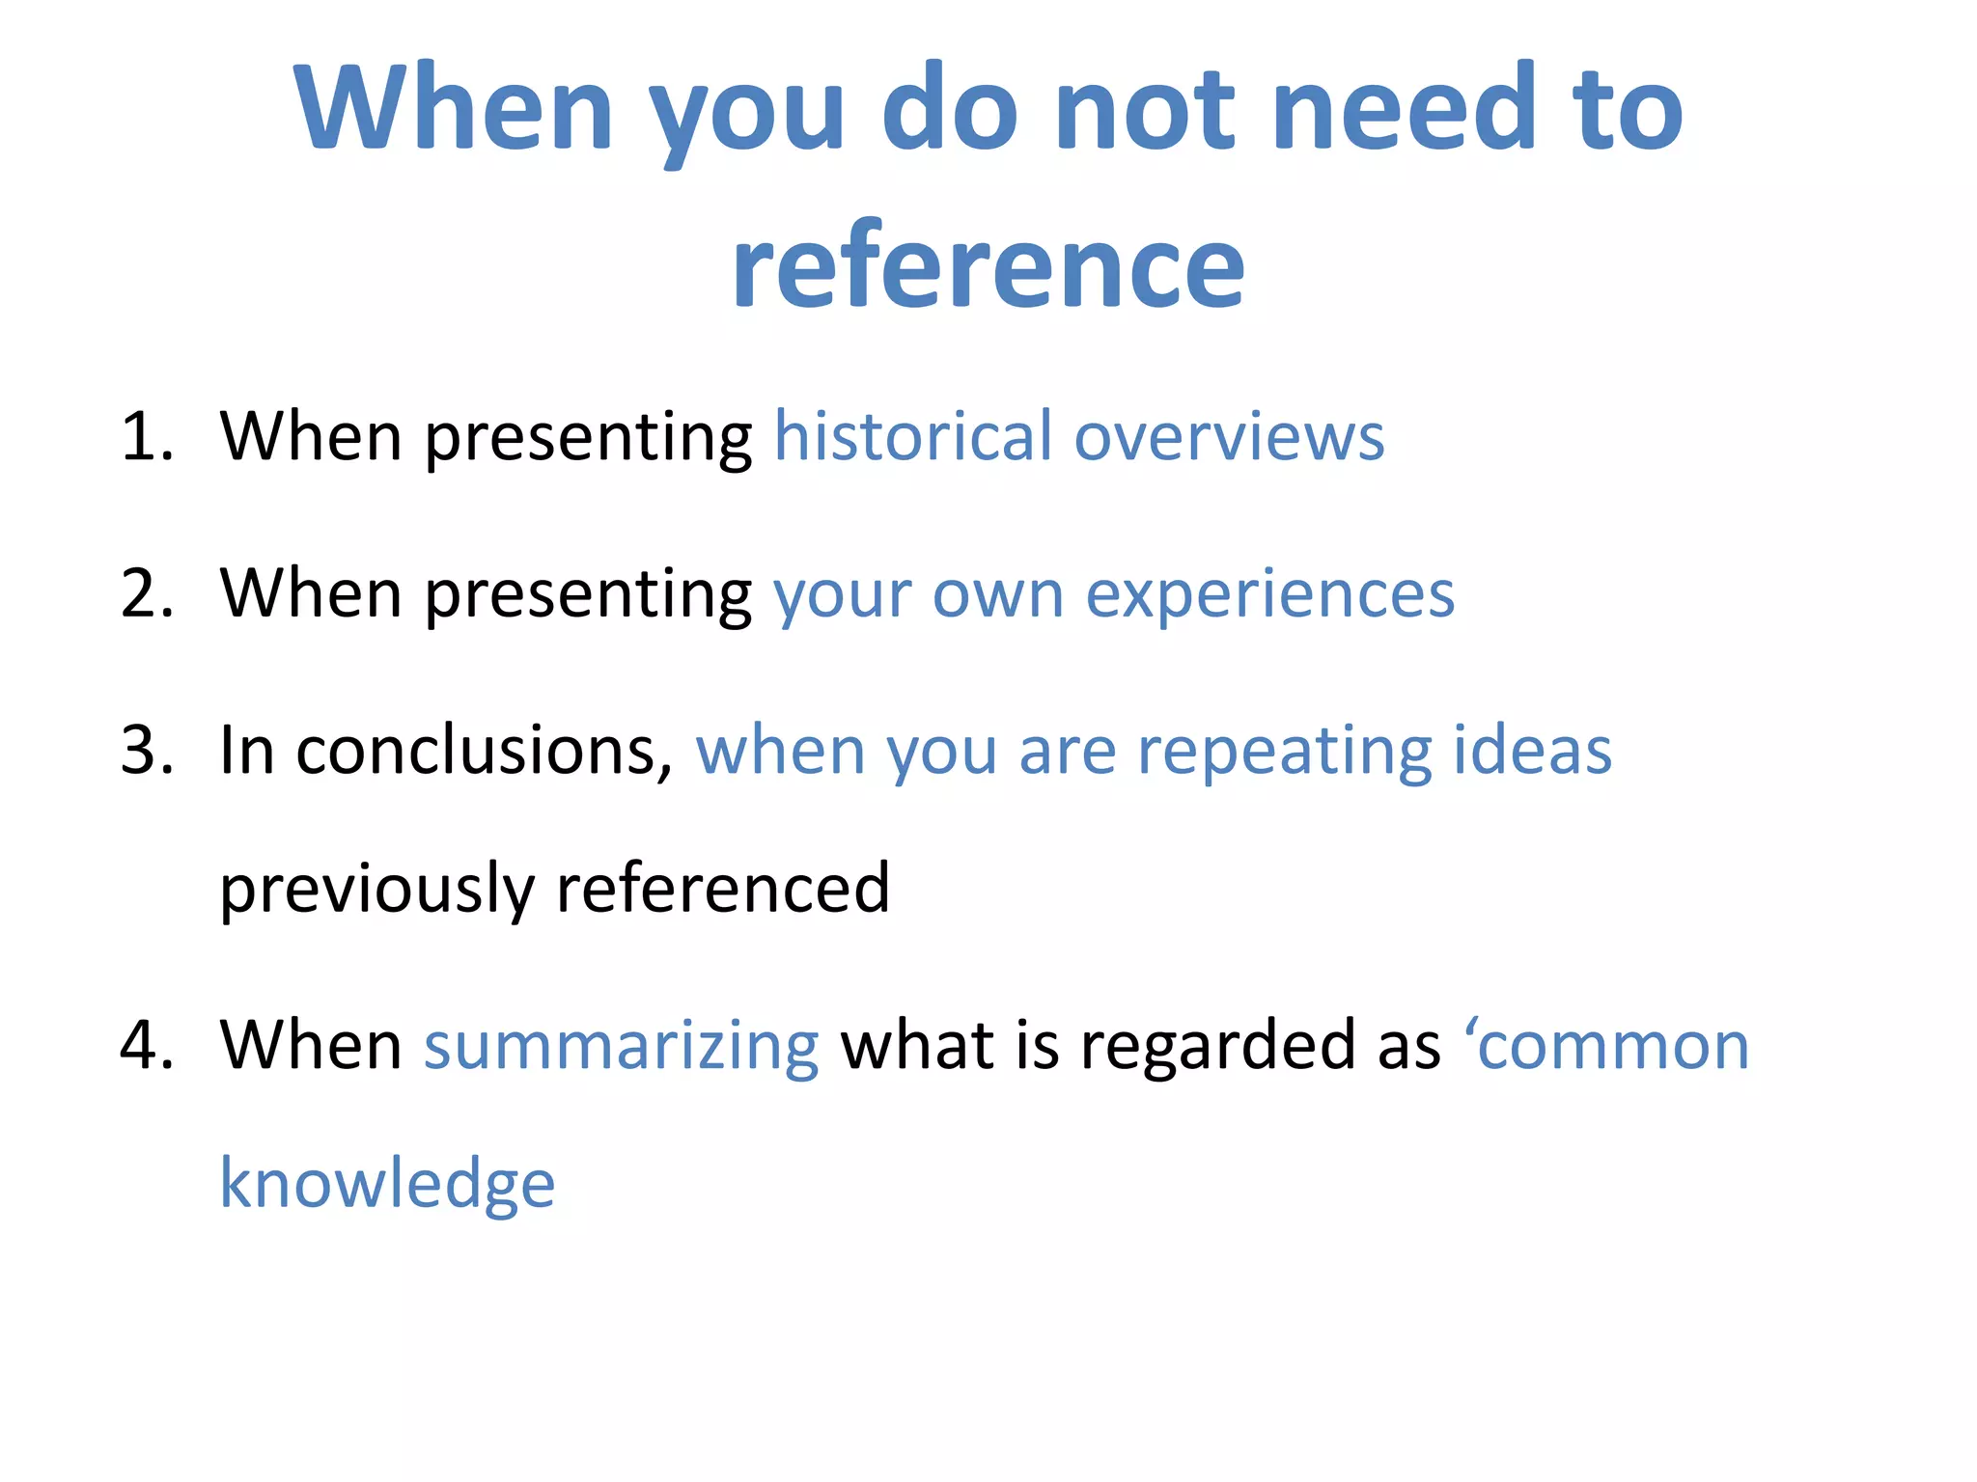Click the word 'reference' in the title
[988, 266]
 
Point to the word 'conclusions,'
[484, 751]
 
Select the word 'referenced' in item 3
[723, 888]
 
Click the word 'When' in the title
[454, 107]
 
